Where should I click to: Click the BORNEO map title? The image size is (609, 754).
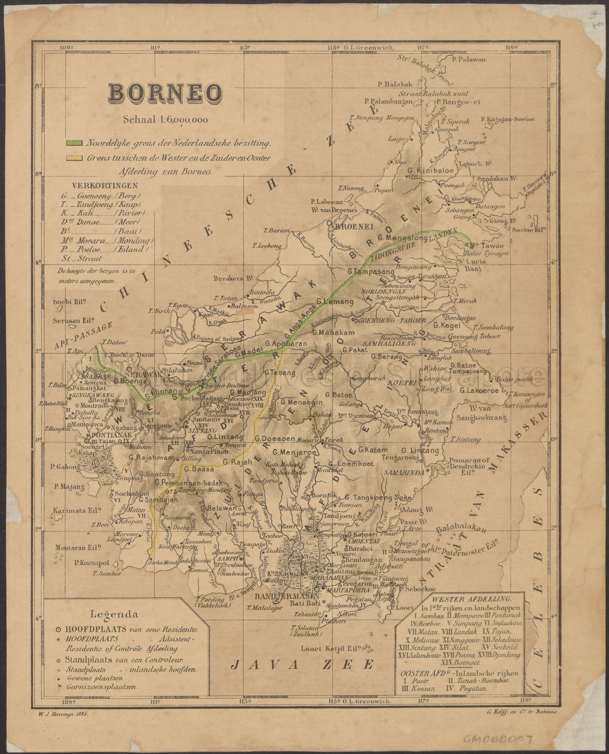pos(165,93)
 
